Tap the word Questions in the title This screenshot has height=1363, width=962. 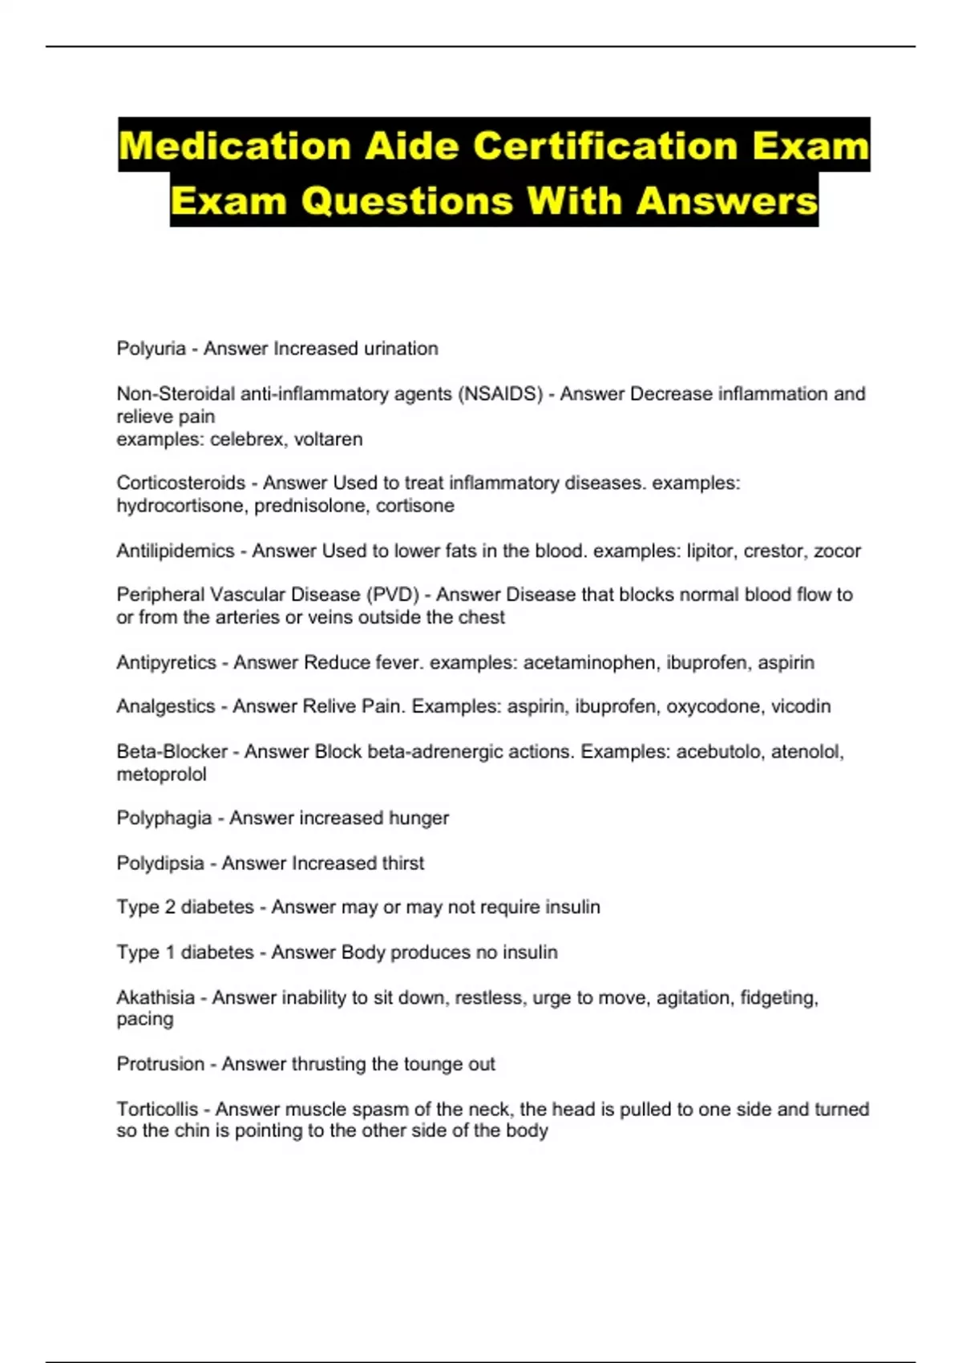(x=407, y=200)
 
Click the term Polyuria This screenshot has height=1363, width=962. (x=152, y=349)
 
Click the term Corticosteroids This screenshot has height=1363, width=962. (x=181, y=483)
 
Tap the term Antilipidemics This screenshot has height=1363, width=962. (x=176, y=551)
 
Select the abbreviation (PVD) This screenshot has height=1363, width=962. (x=392, y=595)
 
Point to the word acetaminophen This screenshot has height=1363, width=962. (x=589, y=663)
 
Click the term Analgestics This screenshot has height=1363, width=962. (x=166, y=706)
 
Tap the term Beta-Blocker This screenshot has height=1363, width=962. (x=172, y=752)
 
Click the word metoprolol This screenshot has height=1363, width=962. (x=161, y=775)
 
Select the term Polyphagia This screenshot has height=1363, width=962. (x=164, y=819)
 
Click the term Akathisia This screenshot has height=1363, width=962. (x=156, y=997)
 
